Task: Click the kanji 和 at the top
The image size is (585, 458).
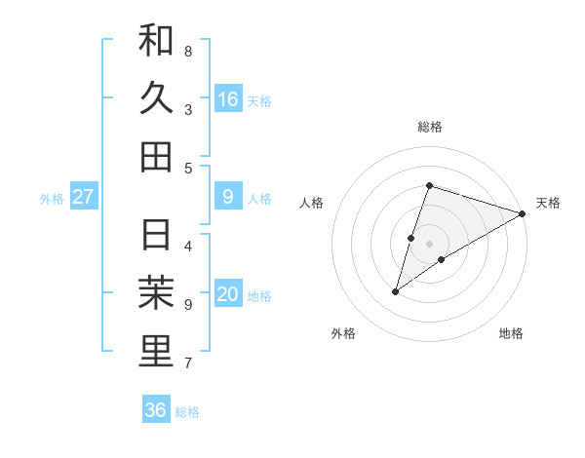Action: pos(156,41)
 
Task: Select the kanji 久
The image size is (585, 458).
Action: pos(156,98)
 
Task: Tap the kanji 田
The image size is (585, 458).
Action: pos(156,156)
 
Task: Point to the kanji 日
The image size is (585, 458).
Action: pos(156,237)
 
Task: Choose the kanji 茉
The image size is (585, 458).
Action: pos(156,294)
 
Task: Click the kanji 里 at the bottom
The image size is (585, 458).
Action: pos(156,352)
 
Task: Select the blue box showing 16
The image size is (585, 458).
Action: pos(228,99)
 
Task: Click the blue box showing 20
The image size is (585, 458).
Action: pos(228,295)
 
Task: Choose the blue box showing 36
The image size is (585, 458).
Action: pos(156,410)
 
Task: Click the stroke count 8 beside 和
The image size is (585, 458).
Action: pos(188,51)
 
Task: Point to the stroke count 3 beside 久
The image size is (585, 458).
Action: pos(188,109)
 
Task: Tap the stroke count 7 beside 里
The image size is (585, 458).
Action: pos(188,363)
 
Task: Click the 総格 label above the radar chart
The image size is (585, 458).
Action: pos(430,127)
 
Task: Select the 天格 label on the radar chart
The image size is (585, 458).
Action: pos(548,203)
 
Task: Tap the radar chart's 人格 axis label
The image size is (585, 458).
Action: pos(312,203)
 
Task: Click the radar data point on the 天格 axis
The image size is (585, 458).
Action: pos(523,213)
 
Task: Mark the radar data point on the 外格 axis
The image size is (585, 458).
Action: pos(396,290)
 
